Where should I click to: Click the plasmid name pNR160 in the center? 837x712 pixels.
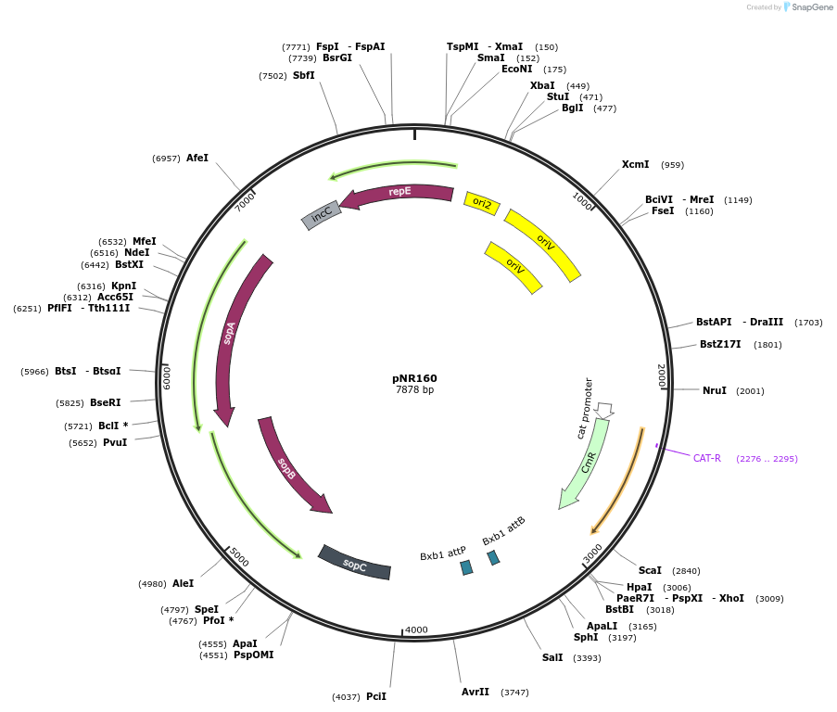click(414, 378)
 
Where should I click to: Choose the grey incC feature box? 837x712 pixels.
click(322, 215)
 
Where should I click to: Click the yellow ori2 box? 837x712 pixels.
click(482, 203)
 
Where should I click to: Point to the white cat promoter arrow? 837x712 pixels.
click(604, 410)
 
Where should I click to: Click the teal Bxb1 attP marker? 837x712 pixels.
click(466, 567)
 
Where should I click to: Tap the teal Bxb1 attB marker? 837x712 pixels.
click(494, 558)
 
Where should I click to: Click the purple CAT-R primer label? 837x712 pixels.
click(707, 458)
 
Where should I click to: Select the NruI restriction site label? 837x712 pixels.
click(715, 390)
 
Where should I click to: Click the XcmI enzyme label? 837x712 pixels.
click(635, 164)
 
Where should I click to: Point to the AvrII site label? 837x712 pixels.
click(476, 692)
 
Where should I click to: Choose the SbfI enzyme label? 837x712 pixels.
click(304, 75)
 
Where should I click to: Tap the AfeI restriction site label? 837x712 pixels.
click(197, 158)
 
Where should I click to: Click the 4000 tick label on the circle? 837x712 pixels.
click(417, 629)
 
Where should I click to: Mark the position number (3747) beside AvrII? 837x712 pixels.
click(514, 693)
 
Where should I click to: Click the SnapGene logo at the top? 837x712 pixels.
click(808, 7)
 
